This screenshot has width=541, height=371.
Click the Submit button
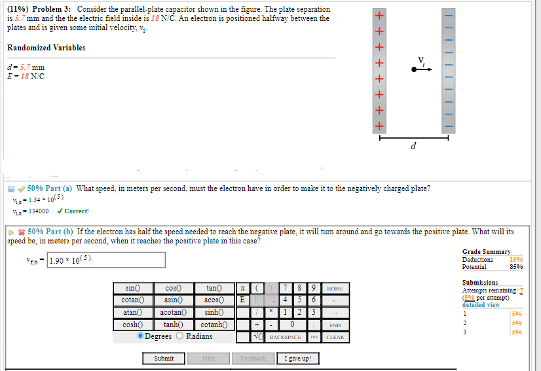point(164,358)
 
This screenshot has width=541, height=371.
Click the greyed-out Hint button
point(208,358)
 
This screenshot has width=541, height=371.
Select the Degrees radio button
point(141,336)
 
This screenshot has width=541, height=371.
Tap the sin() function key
point(133,288)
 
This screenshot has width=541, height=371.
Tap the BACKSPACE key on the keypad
point(285,337)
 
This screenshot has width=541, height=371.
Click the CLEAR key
point(334,337)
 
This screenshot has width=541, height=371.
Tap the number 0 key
point(291,325)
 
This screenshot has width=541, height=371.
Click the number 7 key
point(284,288)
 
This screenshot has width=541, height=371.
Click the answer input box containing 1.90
point(106,260)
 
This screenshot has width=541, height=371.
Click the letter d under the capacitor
point(413,147)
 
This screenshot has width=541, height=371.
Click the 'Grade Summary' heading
point(486,251)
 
